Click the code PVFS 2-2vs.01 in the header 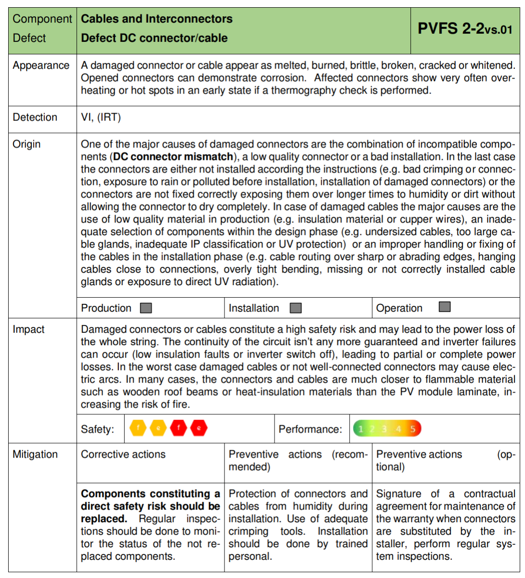click(x=465, y=29)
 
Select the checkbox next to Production click(x=146, y=308)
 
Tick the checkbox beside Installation click(x=296, y=308)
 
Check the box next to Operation click(x=445, y=307)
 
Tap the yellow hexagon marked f click(x=138, y=428)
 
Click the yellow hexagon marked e click(x=158, y=428)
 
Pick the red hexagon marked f click(x=178, y=428)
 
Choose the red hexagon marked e click(x=198, y=428)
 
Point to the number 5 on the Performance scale click(x=413, y=429)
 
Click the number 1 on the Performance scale click(x=360, y=429)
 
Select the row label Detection click(x=35, y=117)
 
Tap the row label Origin click(x=26, y=144)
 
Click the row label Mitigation click(x=35, y=454)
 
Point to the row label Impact click(x=28, y=329)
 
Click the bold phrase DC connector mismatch click(x=173, y=157)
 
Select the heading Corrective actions click(x=123, y=454)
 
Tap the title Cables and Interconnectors click(x=157, y=19)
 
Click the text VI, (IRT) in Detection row click(x=101, y=117)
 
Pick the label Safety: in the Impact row click(x=97, y=429)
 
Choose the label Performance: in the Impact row click(x=310, y=429)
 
